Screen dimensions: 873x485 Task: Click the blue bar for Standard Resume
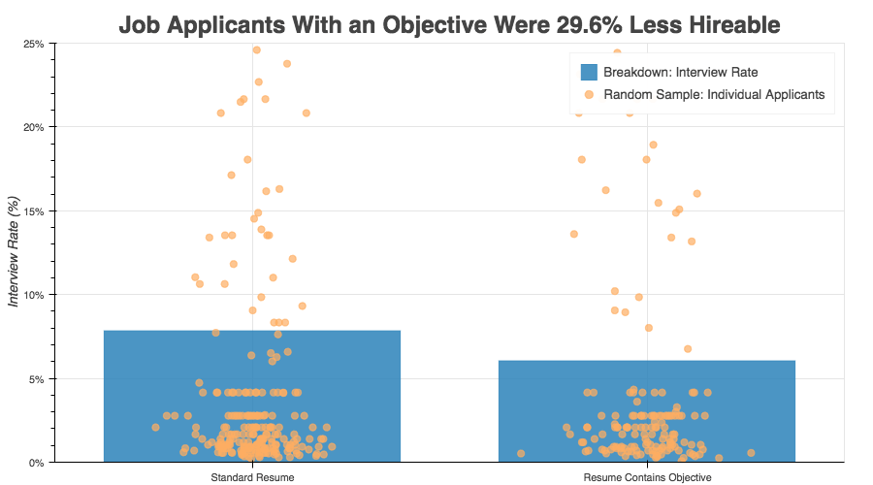251,396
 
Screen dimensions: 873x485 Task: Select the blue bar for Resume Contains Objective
646,411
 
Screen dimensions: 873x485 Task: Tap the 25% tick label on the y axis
33,44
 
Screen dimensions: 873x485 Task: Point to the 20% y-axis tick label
33,127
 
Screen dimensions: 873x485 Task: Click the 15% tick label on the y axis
33,211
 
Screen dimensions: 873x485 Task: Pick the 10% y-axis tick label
33,295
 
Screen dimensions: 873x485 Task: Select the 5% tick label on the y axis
36,378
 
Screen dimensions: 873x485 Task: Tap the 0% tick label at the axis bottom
36,463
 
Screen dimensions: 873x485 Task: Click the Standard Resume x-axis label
252,477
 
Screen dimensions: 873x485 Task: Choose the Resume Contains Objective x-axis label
647,477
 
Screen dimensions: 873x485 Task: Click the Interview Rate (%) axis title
14,251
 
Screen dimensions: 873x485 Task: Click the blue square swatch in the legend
589,72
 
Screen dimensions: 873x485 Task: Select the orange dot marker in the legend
589,95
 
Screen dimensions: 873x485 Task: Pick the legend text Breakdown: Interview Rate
680,72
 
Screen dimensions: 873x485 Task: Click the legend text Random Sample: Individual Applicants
714,95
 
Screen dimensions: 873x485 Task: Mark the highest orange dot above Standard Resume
257,50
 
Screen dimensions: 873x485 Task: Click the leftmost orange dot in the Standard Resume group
155,427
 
